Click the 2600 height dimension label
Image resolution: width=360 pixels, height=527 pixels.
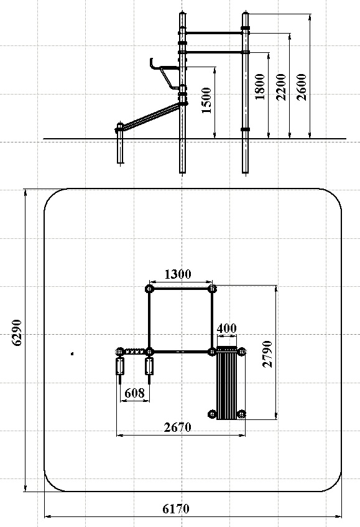(302, 87)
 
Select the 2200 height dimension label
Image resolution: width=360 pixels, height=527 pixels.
(281, 87)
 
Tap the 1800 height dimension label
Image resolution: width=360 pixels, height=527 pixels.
(260, 86)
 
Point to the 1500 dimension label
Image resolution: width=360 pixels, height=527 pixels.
(206, 100)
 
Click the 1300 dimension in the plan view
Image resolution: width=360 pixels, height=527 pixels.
(178, 274)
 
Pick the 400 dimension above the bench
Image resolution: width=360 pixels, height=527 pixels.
(227, 328)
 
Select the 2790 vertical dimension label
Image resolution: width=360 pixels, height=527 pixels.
(267, 354)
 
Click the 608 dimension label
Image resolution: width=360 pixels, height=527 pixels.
(134, 393)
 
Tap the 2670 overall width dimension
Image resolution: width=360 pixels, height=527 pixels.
(178, 427)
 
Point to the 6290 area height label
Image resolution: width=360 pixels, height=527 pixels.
(16, 332)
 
